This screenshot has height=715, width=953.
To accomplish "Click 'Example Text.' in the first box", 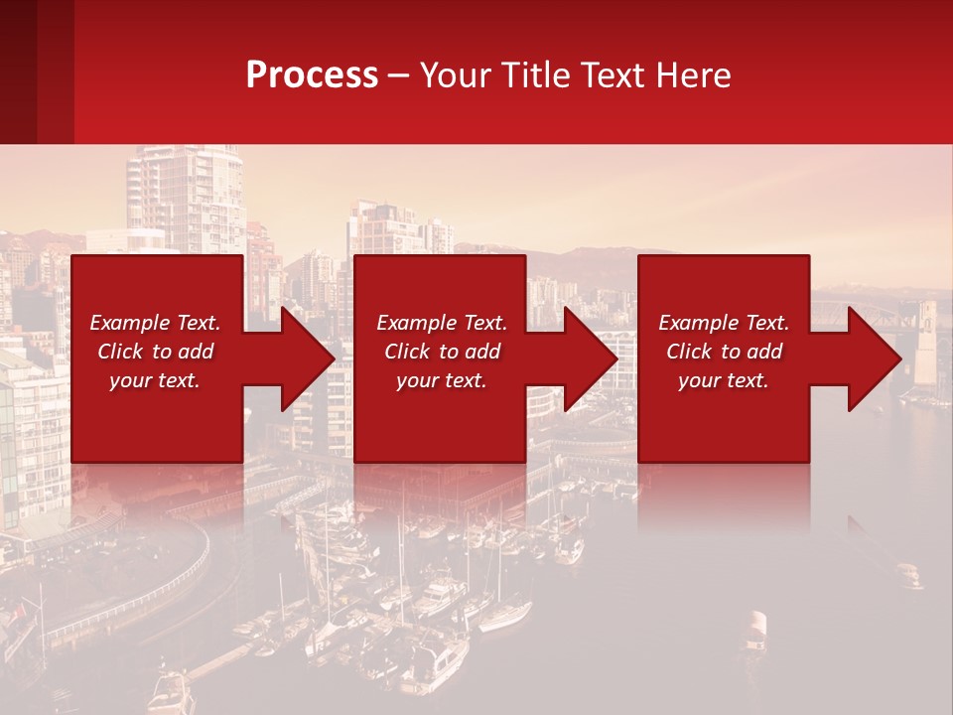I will [155, 323].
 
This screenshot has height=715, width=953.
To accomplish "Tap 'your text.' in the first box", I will [155, 380].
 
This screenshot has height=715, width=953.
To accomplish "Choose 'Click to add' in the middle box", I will [442, 352].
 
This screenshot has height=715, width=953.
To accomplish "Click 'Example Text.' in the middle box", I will [442, 323].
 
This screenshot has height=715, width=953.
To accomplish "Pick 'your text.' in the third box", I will [724, 380].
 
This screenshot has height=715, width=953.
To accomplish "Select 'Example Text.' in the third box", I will [724, 323].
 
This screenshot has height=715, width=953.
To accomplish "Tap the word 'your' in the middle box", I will [417, 380].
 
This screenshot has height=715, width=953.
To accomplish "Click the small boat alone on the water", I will [756, 627].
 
